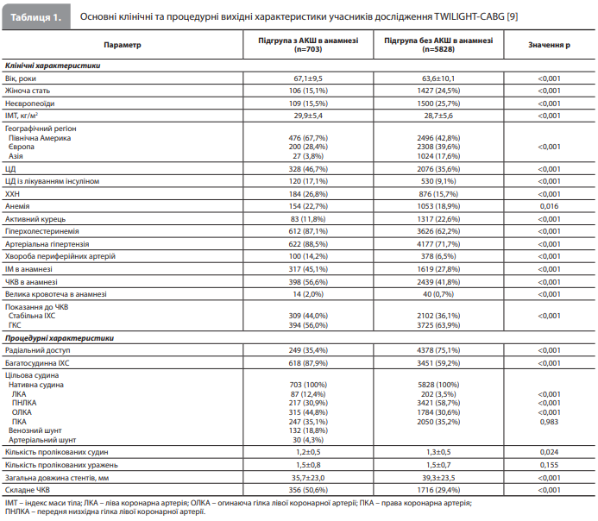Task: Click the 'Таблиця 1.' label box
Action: tap(36, 16)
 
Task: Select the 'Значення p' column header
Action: tap(549, 45)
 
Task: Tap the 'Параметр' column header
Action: tap(123, 45)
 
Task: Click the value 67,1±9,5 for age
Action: tap(308, 78)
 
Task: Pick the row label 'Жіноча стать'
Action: tap(28, 91)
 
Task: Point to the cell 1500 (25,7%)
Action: tap(438, 104)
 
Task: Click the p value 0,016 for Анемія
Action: tap(549, 206)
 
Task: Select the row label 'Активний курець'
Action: tap(35, 219)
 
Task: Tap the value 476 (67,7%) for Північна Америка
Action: tap(308, 138)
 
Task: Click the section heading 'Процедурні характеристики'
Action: tap(60, 338)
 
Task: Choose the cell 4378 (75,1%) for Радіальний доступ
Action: tap(438, 350)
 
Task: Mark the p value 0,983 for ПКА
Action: tap(549, 422)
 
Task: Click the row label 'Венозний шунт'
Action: tap(35, 430)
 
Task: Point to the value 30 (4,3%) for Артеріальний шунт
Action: tap(308, 440)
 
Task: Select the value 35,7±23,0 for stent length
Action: tap(308, 478)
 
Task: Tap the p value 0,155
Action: tap(549, 465)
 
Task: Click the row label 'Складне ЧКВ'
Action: tap(28, 490)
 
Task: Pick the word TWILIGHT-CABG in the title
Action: tap(469, 16)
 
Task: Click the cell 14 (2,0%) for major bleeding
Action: tap(308, 294)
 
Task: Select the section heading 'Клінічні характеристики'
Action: tap(53, 66)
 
